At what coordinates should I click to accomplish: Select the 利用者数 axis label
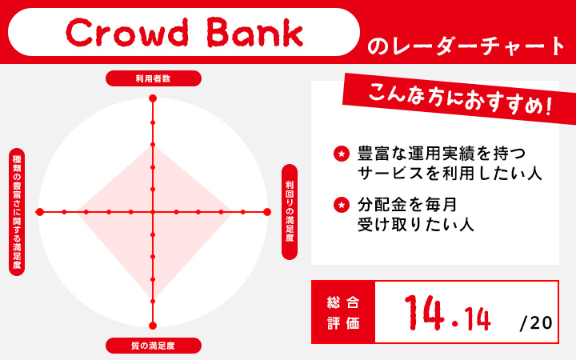153,78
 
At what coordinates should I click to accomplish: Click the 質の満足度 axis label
153,346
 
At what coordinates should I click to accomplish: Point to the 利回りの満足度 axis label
290,211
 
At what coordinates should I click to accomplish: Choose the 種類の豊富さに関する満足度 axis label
16,211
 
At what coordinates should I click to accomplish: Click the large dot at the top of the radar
153,98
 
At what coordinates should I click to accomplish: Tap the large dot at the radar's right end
267,212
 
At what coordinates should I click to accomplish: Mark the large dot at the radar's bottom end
153,325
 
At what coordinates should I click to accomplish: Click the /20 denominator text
536,322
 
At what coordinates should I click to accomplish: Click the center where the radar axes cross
153,212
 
